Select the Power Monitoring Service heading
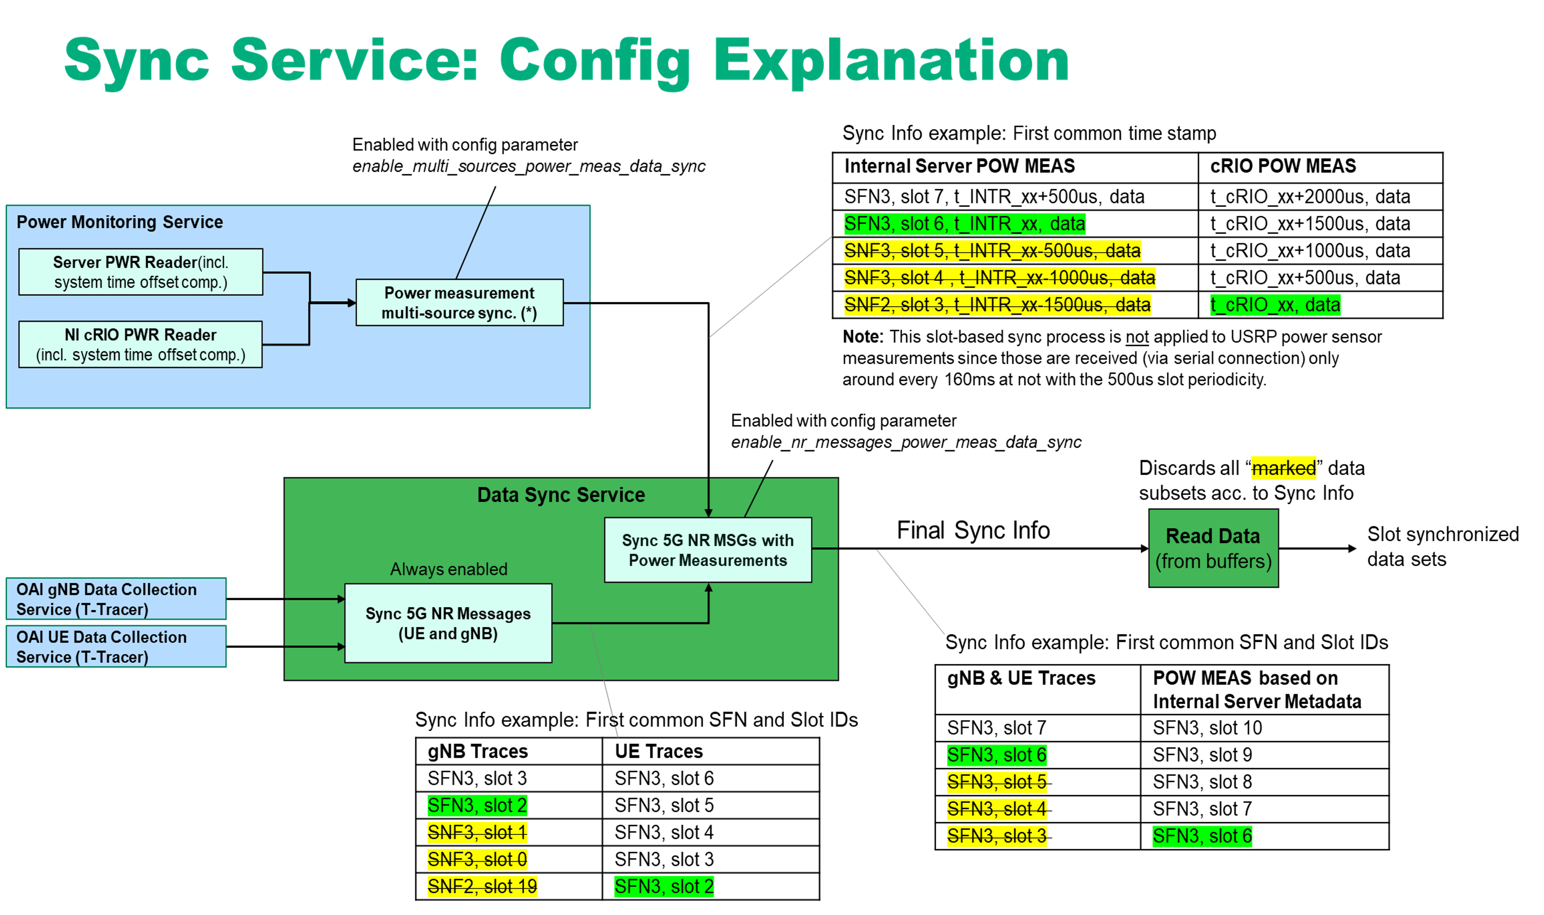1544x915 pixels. [x=120, y=222]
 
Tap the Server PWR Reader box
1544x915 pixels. [x=141, y=272]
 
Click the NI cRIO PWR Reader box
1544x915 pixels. [x=141, y=345]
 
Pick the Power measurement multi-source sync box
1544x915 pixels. [x=460, y=303]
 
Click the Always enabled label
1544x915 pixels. [x=448, y=569]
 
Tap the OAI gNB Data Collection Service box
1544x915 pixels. [x=116, y=599]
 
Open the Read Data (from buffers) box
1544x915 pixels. [x=1213, y=548]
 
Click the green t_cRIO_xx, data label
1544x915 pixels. [x=1275, y=305]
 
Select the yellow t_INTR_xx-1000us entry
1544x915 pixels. [x=999, y=277]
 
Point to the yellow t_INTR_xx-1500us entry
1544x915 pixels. [x=997, y=305]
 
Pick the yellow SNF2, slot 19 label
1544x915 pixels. [x=482, y=886]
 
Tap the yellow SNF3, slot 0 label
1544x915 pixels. [x=477, y=859]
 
